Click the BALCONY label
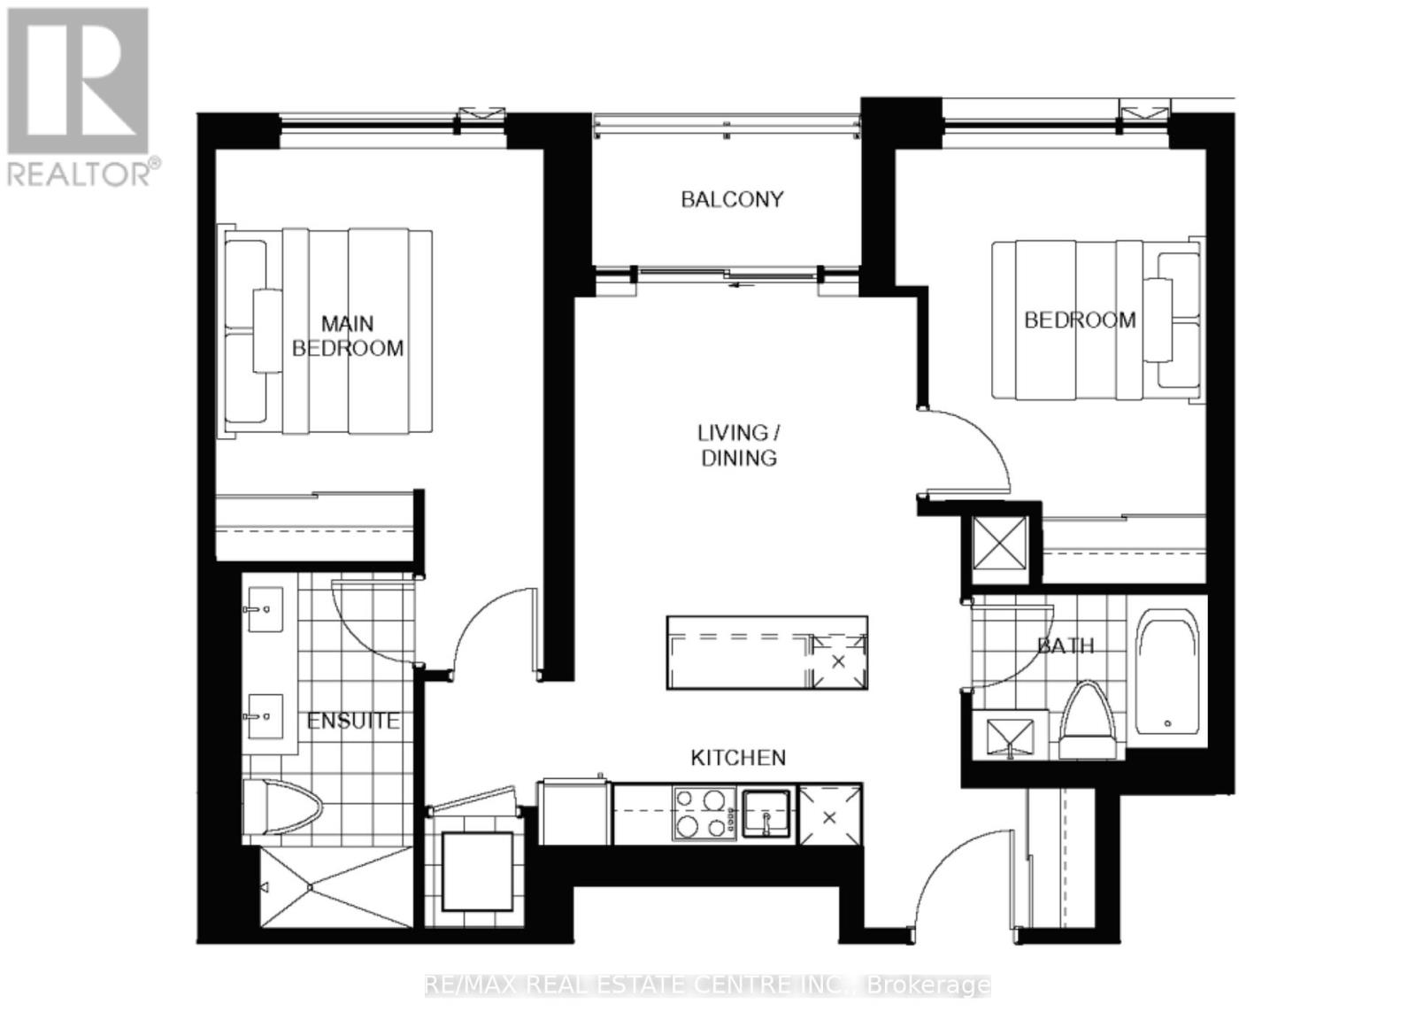pos(732,199)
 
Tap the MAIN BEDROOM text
pos(348,336)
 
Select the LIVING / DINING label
pos(739,445)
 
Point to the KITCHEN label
pos(738,758)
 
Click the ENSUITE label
pos(353,722)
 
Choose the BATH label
pos(1066,646)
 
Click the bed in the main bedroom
pos(327,332)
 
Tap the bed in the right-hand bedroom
pos(1097,320)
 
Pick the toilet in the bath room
pos(1089,722)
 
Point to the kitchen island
pos(766,653)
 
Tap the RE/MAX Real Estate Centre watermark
pos(708,985)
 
